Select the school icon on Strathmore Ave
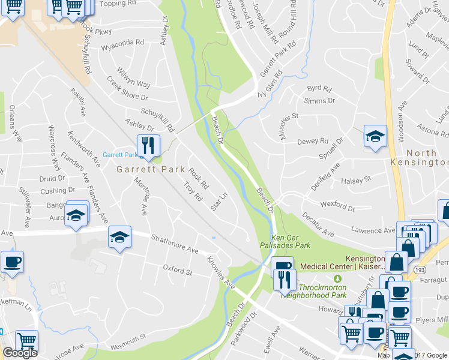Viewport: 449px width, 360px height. click(119, 238)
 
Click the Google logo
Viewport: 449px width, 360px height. click(20, 353)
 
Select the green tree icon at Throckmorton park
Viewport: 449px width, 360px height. click(337, 278)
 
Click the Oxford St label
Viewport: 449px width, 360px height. click(177, 269)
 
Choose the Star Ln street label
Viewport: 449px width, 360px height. click(220, 201)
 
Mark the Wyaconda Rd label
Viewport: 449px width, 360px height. click(123, 43)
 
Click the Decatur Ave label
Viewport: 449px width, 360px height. click(318, 224)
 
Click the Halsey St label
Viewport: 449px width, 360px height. click(356, 179)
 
